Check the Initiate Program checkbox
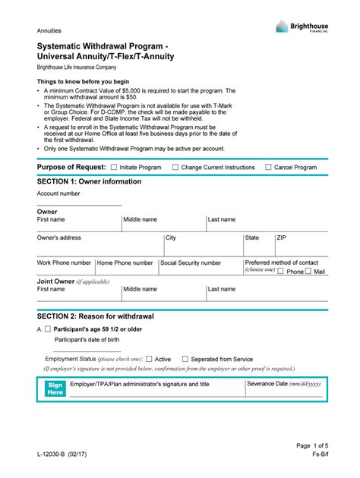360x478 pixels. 114,167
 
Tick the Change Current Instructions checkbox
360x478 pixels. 175,167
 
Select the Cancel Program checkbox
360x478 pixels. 268,167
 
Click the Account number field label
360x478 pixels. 58,193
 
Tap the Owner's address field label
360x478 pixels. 59,237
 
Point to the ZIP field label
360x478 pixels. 282,237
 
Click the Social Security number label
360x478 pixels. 191,263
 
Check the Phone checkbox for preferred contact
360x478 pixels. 281,272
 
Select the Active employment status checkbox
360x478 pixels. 149,359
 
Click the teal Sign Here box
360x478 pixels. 55,388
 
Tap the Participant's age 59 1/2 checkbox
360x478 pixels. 48,329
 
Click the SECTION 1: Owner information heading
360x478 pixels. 89,182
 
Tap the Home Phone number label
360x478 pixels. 125,263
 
